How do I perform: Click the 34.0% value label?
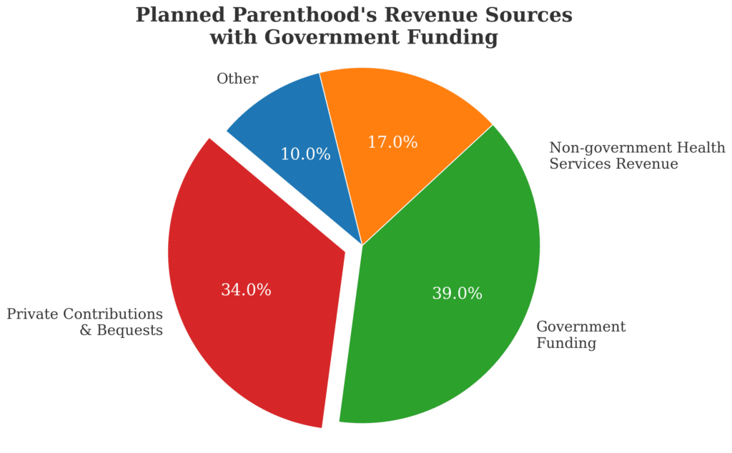[245, 290]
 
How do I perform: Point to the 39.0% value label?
[457, 293]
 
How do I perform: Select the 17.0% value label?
[392, 142]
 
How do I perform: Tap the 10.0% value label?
[305, 154]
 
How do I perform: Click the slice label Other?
[237, 79]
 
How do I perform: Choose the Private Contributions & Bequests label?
[84, 322]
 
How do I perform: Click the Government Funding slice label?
[580, 335]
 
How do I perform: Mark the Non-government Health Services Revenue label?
[637, 156]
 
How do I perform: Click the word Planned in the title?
[180, 16]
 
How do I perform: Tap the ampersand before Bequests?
[86, 331]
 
